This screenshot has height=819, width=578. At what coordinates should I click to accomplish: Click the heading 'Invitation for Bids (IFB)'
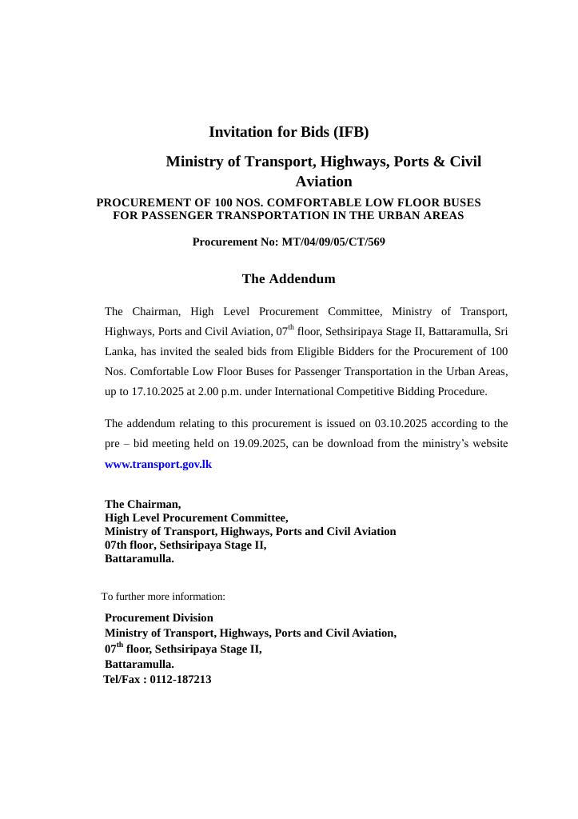(x=289, y=132)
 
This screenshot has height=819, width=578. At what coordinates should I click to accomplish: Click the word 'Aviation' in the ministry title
(x=324, y=182)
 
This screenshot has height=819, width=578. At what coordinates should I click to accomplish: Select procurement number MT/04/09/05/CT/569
(x=333, y=242)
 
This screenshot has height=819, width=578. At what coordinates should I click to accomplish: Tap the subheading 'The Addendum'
(x=289, y=279)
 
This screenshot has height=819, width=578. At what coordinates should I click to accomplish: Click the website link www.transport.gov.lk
(x=158, y=464)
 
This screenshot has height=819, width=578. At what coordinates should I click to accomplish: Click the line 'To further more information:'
(x=163, y=597)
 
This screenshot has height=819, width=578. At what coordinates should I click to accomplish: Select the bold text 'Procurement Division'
(x=159, y=617)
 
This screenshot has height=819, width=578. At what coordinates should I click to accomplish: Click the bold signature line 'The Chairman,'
(x=143, y=504)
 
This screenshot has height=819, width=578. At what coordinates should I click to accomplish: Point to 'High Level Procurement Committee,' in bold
(x=197, y=517)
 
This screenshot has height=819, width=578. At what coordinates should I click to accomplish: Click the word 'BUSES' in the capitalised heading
(x=460, y=202)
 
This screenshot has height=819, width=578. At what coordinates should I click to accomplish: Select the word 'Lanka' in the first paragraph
(x=119, y=352)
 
